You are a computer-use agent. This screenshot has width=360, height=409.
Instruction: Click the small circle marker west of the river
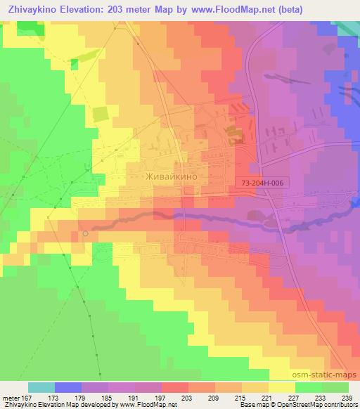(x=85, y=233)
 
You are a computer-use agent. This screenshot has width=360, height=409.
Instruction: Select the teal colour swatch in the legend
(x=41, y=387)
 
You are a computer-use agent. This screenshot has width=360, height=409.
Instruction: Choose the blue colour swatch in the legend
(x=68, y=387)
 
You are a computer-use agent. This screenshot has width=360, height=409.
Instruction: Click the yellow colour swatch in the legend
(x=282, y=387)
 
